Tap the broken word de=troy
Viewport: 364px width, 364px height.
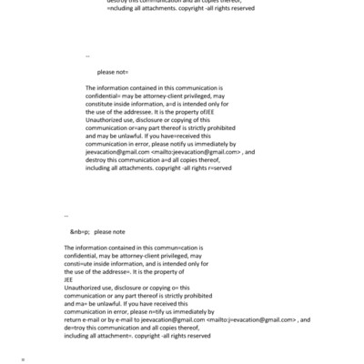click(x=76, y=329)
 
